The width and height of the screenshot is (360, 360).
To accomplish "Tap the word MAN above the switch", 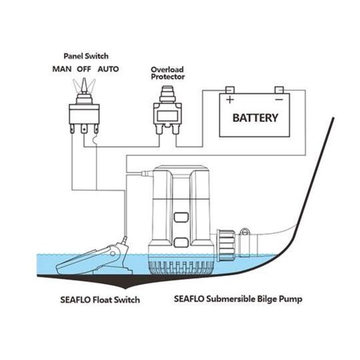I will [61, 68].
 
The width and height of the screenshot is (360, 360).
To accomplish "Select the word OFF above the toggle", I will [85, 68].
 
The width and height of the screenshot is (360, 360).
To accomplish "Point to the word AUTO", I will [109, 68].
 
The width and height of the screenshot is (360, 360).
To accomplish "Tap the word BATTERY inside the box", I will [255, 117].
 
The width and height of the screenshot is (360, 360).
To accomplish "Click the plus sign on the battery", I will [230, 100].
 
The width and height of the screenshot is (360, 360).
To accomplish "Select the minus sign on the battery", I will [279, 100].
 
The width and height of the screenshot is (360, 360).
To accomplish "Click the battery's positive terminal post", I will [230, 90].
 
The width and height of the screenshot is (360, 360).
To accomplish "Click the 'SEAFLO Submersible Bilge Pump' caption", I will [237, 299].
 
